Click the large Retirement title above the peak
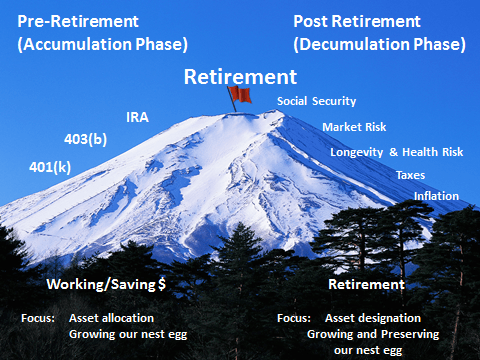pos(239,76)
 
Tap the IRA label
pos(138,118)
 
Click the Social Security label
pos(316,102)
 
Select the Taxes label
pos(410,175)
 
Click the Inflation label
pos(436,196)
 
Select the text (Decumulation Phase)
pos(379,44)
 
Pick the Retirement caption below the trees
pos(366,285)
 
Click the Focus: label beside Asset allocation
pos(37,318)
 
